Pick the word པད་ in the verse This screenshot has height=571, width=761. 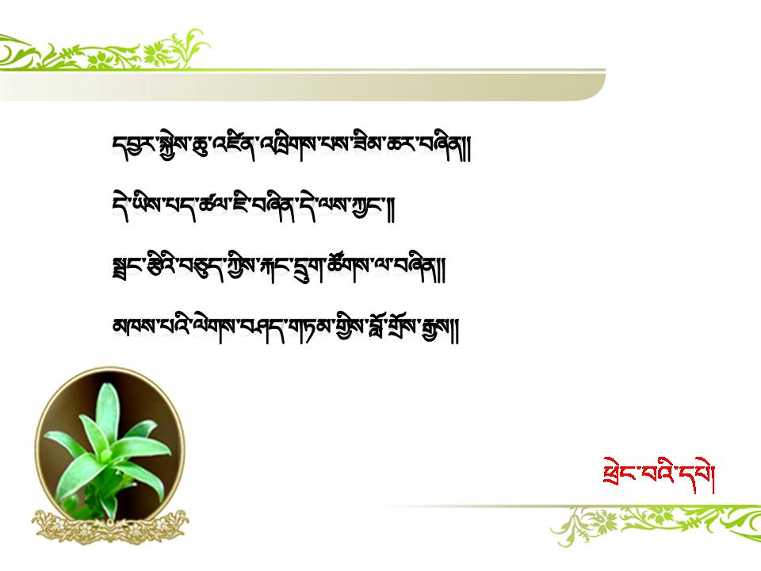[x=184, y=206]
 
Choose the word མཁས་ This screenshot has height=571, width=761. [x=133, y=326]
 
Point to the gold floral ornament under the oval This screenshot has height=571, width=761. [x=111, y=527]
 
